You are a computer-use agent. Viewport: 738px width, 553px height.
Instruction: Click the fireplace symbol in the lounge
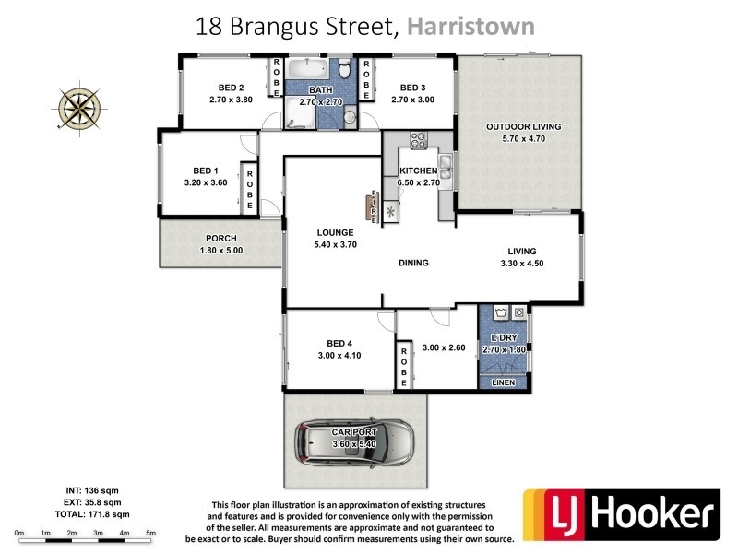pyautogui.click(x=374, y=206)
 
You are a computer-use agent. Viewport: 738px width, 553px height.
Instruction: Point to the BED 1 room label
pyautogui.click(x=205, y=171)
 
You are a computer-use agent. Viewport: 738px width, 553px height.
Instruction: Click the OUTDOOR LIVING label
pyautogui.click(x=523, y=126)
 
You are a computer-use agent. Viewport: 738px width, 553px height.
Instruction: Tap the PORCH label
pyautogui.click(x=220, y=238)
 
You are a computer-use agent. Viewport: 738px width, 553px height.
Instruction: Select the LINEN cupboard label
pyautogui.click(x=503, y=382)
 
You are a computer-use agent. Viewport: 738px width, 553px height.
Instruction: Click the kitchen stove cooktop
pyautogui.click(x=417, y=140)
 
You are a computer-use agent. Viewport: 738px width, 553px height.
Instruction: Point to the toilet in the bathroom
pyautogui.click(x=343, y=70)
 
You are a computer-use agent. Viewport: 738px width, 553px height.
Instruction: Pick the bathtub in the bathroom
pyautogui.click(x=304, y=71)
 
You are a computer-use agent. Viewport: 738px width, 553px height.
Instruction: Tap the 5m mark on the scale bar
pyautogui.click(x=150, y=534)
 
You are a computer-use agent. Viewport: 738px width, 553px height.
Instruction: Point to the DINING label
pyautogui.click(x=414, y=263)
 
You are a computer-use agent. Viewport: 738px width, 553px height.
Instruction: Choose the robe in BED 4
pyautogui.click(x=403, y=366)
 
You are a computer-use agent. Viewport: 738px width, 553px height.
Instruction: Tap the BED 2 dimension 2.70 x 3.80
pyautogui.click(x=231, y=100)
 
